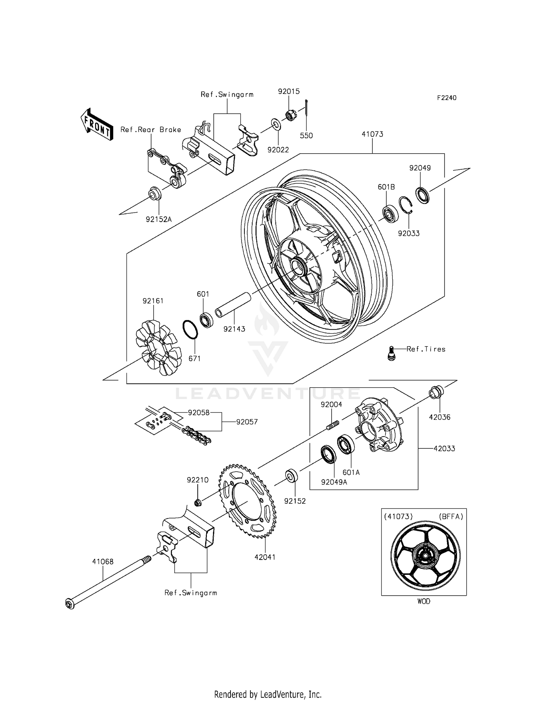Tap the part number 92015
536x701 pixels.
pos(289,91)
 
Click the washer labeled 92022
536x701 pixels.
pos(276,124)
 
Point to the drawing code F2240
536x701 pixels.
pos(447,98)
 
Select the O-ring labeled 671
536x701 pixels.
pos(190,329)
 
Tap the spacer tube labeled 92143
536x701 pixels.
pos(233,305)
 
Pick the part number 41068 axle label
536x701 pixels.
pos(103,562)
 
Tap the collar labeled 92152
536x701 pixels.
pos(291,476)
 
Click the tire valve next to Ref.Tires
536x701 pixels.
pos(392,353)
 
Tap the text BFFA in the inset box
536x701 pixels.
pos(450,517)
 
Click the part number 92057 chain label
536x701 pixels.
pos(247,422)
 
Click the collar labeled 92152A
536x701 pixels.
pos(155,193)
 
